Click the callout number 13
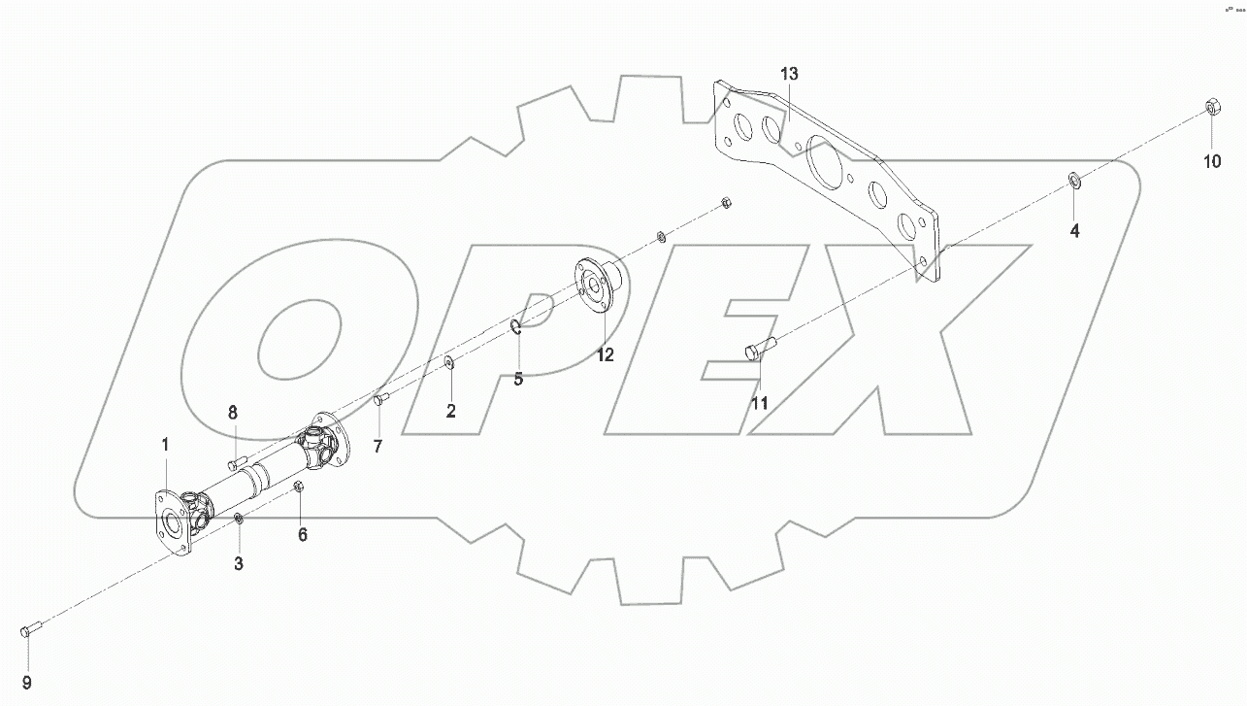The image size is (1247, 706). click(788, 75)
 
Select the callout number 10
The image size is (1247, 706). click(1212, 162)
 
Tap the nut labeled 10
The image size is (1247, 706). click(1211, 105)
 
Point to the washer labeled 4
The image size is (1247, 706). click(1075, 180)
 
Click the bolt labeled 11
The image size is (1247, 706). click(760, 348)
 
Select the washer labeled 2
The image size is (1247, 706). click(449, 363)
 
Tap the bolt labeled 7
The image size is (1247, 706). click(380, 398)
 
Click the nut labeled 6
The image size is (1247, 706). click(300, 487)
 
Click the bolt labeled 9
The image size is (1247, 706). click(27, 631)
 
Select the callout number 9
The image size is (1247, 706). click(27, 681)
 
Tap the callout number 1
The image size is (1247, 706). click(165, 445)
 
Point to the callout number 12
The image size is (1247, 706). click(605, 355)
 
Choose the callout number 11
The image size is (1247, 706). click(759, 402)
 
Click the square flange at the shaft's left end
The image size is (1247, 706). click(171, 521)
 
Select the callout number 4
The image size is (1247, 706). click(1074, 231)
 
